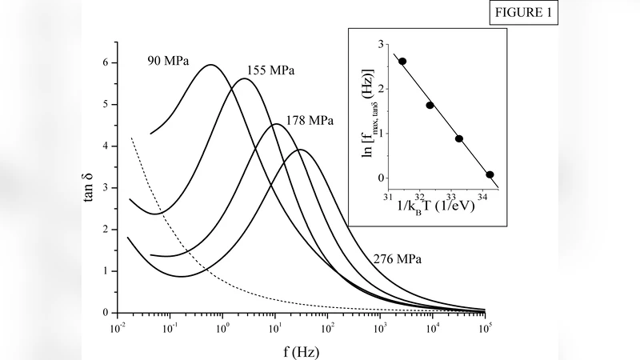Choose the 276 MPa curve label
tap(398, 259)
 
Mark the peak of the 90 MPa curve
tap(211, 65)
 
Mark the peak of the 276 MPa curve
tap(300, 150)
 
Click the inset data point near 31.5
tap(402, 61)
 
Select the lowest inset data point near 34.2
tap(490, 174)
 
